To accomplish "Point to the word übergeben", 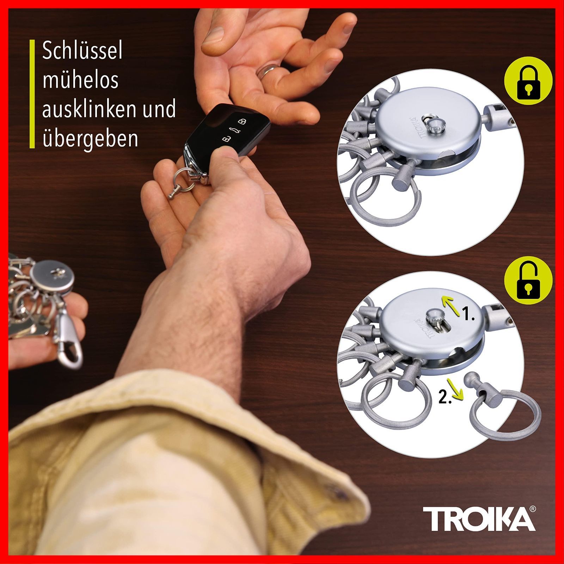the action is (x=90, y=139).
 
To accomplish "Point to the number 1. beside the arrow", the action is (x=469, y=314).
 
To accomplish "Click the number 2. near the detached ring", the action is (x=445, y=398).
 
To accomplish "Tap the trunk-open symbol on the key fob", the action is (x=233, y=130).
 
